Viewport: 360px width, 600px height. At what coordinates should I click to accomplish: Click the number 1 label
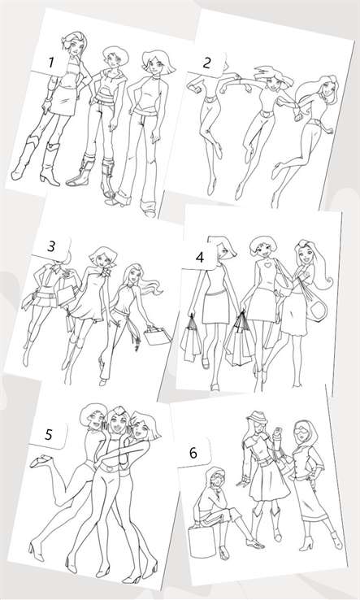[51, 63]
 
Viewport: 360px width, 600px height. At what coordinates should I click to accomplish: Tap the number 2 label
[206, 63]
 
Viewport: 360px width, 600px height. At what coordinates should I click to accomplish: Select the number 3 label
[51, 246]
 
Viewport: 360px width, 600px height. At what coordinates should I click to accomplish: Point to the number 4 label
[200, 258]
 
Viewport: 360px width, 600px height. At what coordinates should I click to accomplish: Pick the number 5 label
[49, 435]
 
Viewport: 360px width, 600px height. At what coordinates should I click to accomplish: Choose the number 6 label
[193, 453]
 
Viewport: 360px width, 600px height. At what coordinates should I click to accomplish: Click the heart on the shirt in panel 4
[268, 265]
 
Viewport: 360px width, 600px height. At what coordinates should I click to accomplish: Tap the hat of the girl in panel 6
[255, 417]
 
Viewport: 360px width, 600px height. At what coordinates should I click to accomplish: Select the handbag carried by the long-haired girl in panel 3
[157, 336]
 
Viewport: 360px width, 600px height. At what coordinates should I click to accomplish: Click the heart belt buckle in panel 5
[111, 467]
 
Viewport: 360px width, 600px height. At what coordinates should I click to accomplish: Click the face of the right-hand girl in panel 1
[156, 68]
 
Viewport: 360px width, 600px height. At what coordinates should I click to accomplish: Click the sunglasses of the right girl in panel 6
[301, 430]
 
